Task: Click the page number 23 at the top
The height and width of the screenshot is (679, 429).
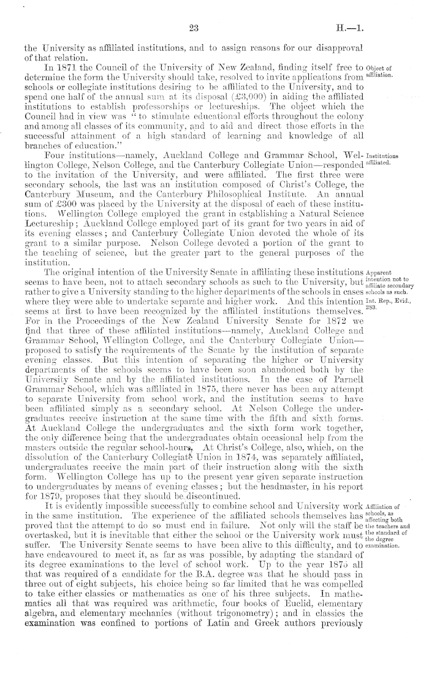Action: (x=196, y=26)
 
